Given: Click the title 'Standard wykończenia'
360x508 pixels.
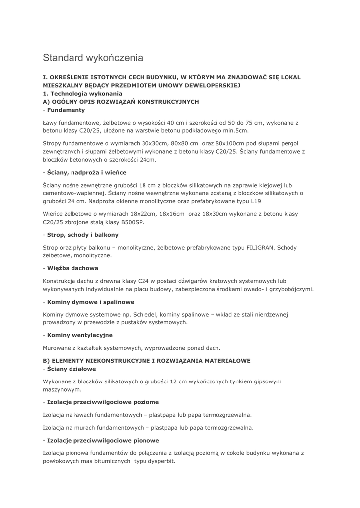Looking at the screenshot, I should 93,58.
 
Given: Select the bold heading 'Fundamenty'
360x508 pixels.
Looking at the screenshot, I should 66,110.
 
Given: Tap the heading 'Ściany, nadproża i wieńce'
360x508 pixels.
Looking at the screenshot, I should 86,172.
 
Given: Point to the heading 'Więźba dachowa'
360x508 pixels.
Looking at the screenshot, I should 72,268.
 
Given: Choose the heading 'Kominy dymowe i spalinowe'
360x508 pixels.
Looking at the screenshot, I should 90,302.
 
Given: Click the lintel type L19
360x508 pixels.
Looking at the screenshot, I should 256,201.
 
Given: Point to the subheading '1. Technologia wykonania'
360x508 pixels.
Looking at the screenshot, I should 82,93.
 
